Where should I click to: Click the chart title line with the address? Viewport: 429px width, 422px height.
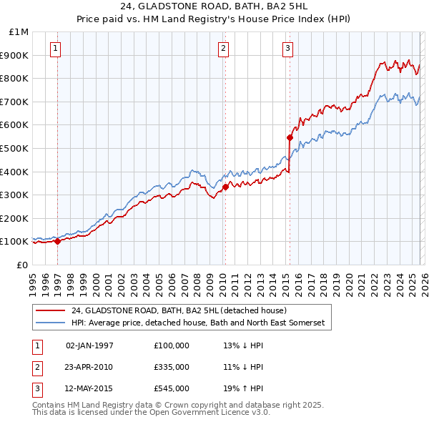[x=214, y=6]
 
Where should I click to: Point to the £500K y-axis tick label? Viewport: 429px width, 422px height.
[x=16, y=148]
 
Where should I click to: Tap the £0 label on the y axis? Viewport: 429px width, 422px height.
[x=23, y=265]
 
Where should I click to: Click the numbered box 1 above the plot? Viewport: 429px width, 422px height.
[x=56, y=49]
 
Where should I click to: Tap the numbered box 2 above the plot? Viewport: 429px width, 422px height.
[x=223, y=49]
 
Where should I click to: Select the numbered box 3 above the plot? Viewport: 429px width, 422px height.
[x=287, y=49]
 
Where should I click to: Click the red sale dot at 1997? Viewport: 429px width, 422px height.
[x=57, y=242]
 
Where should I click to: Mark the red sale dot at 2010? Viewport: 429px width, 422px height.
[x=225, y=187]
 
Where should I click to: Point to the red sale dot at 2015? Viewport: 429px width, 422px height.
[x=290, y=137]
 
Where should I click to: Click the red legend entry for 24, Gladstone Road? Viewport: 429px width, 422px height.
[x=179, y=310]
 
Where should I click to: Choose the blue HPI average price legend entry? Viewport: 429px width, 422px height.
[x=197, y=323]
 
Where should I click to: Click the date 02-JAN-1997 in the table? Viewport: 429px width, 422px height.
[x=89, y=345]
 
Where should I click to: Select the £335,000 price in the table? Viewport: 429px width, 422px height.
[x=172, y=367]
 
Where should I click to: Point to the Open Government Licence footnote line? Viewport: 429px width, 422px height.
[x=151, y=413]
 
